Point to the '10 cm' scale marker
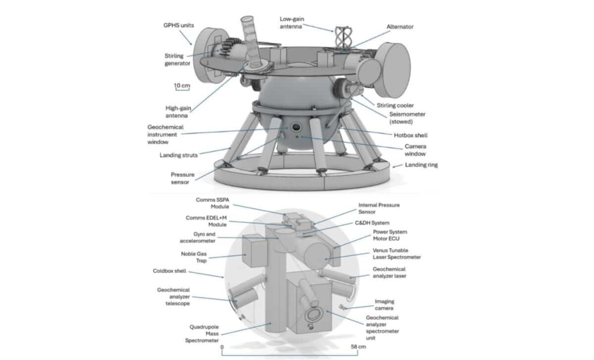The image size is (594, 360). click(182, 86)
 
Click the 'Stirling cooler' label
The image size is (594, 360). click(395, 105)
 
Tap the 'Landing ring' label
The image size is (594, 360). click(421, 165)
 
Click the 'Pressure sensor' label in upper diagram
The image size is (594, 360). click(183, 179)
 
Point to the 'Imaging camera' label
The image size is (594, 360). click(384, 305)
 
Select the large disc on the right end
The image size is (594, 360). click(395, 70)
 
